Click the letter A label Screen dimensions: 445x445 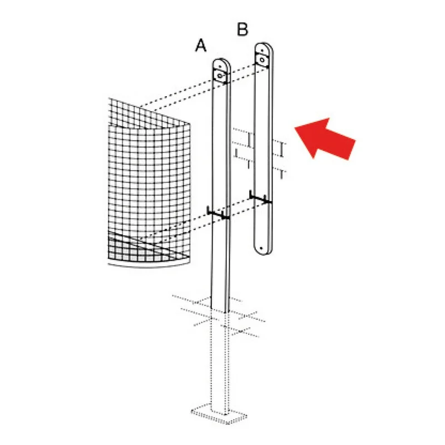tap(201, 46)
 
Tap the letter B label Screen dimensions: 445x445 tap(243, 29)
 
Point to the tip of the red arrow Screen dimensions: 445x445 tap(295, 128)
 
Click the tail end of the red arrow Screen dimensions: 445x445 tap(352, 150)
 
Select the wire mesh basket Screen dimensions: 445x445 tap(149, 182)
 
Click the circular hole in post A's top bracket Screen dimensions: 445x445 tap(220, 76)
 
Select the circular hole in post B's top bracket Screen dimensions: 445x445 tap(262, 60)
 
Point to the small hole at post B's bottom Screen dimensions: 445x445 tap(261, 248)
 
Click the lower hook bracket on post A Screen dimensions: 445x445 tap(218, 213)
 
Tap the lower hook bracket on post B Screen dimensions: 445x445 tap(260, 197)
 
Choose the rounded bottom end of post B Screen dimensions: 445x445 tap(263, 249)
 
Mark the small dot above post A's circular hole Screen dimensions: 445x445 tap(220, 66)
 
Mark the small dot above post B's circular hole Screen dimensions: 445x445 tap(261, 51)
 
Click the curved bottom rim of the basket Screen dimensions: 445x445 tap(149, 265)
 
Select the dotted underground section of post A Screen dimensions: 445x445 tap(218, 360)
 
